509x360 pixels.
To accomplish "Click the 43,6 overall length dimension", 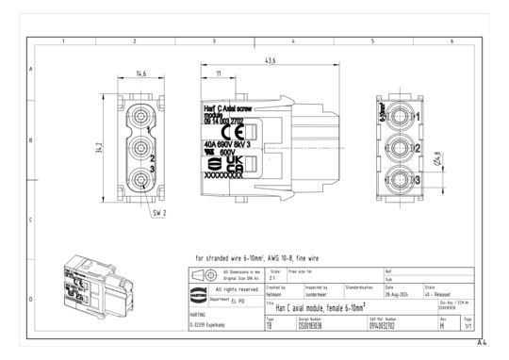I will click(x=271, y=61).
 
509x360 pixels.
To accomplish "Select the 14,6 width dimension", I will click(x=140, y=73).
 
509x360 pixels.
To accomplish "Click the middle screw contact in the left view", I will click(x=140, y=148).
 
